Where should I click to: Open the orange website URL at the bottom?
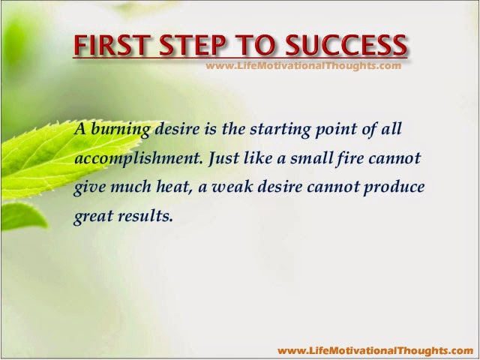pyautogui.click(x=376, y=350)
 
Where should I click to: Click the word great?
pyautogui.click(x=93, y=217)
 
